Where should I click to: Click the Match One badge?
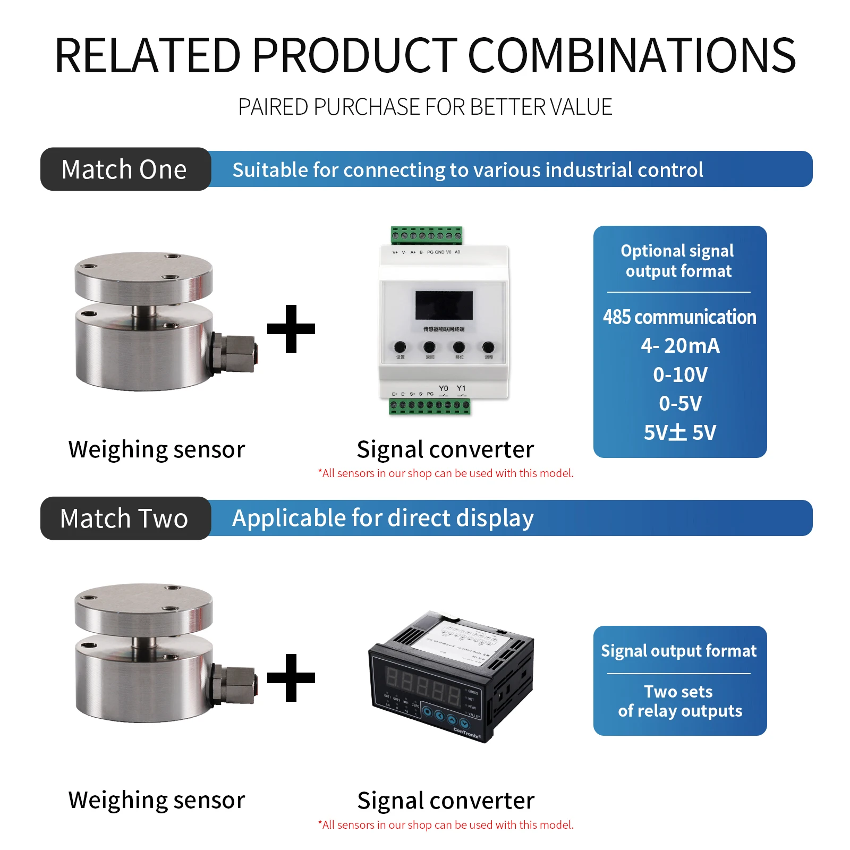pyautogui.click(x=125, y=169)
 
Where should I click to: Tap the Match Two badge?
pyautogui.click(x=125, y=518)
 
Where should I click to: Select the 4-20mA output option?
pyautogui.click(x=680, y=346)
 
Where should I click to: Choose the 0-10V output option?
pyautogui.click(x=680, y=375)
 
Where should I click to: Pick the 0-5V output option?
pyautogui.click(x=680, y=404)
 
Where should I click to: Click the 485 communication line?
pyautogui.click(x=679, y=317)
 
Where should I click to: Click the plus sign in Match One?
pyautogui.click(x=291, y=329)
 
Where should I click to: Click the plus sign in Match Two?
pyautogui.click(x=291, y=678)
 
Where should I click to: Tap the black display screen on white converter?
pyautogui.click(x=444, y=305)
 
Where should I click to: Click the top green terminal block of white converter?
pyautogui.click(x=427, y=235)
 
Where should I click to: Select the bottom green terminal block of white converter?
pyautogui.click(x=430, y=406)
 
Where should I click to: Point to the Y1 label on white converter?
pyautogui.click(x=461, y=388)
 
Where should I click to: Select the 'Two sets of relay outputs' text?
pyautogui.click(x=679, y=701)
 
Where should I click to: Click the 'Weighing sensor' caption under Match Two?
pyautogui.click(x=157, y=800)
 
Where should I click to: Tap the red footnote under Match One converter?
pyautogui.click(x=446, y=473)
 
